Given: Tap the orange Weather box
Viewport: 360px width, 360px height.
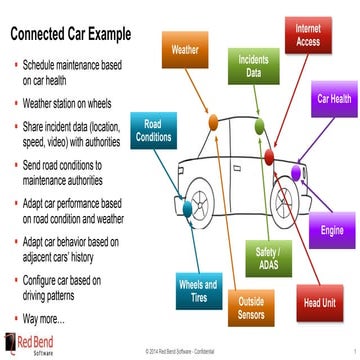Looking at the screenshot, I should pos(185,48).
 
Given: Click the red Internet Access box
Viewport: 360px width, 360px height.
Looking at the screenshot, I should pos(308,37).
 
